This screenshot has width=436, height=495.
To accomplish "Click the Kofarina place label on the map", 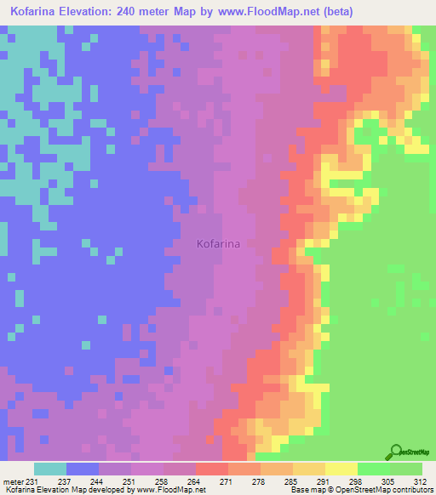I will [218, 243].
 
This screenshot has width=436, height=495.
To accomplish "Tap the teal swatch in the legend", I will [49, 469].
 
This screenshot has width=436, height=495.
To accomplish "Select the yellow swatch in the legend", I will [341, 469].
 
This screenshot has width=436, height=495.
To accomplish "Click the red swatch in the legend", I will [211, 469].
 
